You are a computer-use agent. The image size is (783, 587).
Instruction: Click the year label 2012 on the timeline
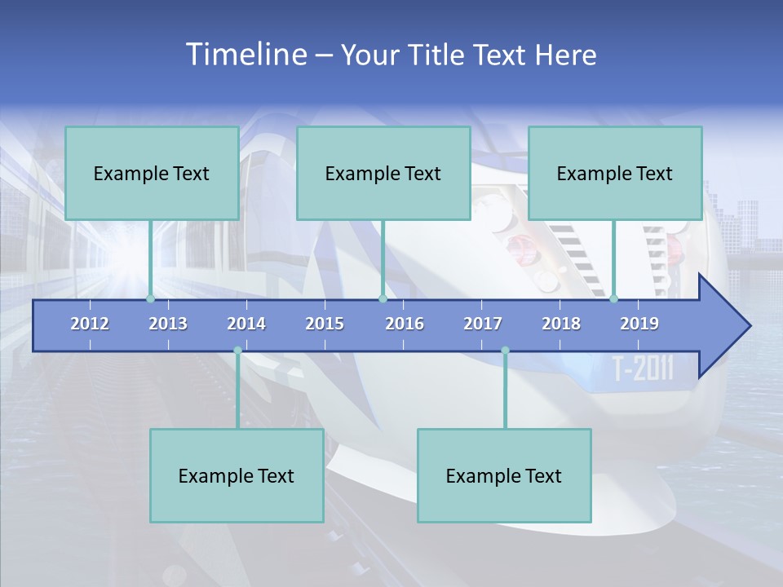point(90,324)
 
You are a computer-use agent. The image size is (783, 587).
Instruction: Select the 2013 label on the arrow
point(168,324)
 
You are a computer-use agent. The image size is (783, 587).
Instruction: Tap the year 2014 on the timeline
point(246,324)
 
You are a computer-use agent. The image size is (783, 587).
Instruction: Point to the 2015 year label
point(325,324)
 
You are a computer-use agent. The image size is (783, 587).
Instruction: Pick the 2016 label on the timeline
point(405,324)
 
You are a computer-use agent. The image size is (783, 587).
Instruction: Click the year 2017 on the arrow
point(483,324)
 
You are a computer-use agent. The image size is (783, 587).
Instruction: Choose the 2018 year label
point(561,324)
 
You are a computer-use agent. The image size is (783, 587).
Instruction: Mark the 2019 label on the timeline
point(639,324)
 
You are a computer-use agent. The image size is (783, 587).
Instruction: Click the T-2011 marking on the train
point(644,369)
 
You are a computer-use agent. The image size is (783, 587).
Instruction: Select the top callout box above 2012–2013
point(152,173)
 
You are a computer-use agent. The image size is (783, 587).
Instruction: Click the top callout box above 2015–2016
point(383,173)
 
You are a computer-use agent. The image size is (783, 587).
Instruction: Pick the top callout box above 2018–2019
point(615,173)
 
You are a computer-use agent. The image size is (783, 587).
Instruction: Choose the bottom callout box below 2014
point(237,475)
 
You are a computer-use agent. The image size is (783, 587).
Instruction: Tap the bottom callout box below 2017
point(504,475)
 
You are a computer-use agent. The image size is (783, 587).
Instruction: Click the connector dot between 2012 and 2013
point(150,299)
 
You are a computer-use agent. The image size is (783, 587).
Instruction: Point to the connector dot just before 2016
point(383,299)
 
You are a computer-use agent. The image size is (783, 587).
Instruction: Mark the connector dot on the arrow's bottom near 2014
point(237,351)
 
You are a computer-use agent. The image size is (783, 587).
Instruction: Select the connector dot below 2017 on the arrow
point(505,351)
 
